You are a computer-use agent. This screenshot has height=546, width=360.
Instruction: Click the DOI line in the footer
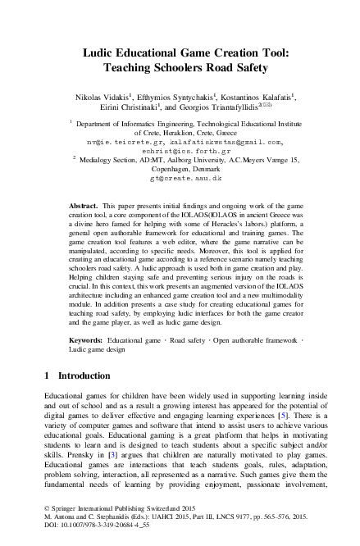(85, 537)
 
